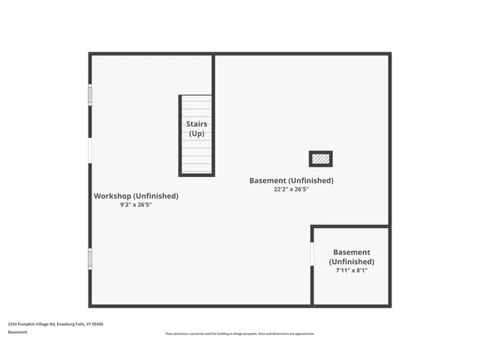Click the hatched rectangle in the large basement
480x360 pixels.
pyautogui.click(x=320, y=159)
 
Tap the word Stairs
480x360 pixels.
pyautogui.click(x=196, y=124)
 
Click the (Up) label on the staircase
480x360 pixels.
pyautogui.click(x=196, y=133)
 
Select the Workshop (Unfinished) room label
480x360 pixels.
pyautogui.click(x=136, y=196)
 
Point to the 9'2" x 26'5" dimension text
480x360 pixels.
pyautogui.click(x=136, y=205)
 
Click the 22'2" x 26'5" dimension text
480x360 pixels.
pyautogui.click(x=291, y=190)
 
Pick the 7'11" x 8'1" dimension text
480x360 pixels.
pyautogui.click(x=351, y=270)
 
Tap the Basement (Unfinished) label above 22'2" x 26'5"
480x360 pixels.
pyautogui.click(x=291, y=181)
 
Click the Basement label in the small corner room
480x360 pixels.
pyautogui.click(x=351, y=253)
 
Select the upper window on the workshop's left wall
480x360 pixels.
pyautogui.click(x=90, y=94)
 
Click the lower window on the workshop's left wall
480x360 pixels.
pyautogui.click(x=90, y=259)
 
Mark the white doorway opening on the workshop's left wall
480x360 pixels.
pyautogui.click(x=90, y=151)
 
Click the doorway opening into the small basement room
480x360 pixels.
pyautogui.click(x=312, y=253)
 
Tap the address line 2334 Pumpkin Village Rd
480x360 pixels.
pyautogui.click(x=55, y=324)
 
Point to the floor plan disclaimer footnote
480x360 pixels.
pyautogui.click(x=239, y=334)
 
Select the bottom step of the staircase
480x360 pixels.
pyautogui.click(x=196, y=171)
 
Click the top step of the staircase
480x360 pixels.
pyautogui.click(x=196, y=99)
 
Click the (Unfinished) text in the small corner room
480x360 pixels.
pyautogui.click(x=351, y=262)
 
